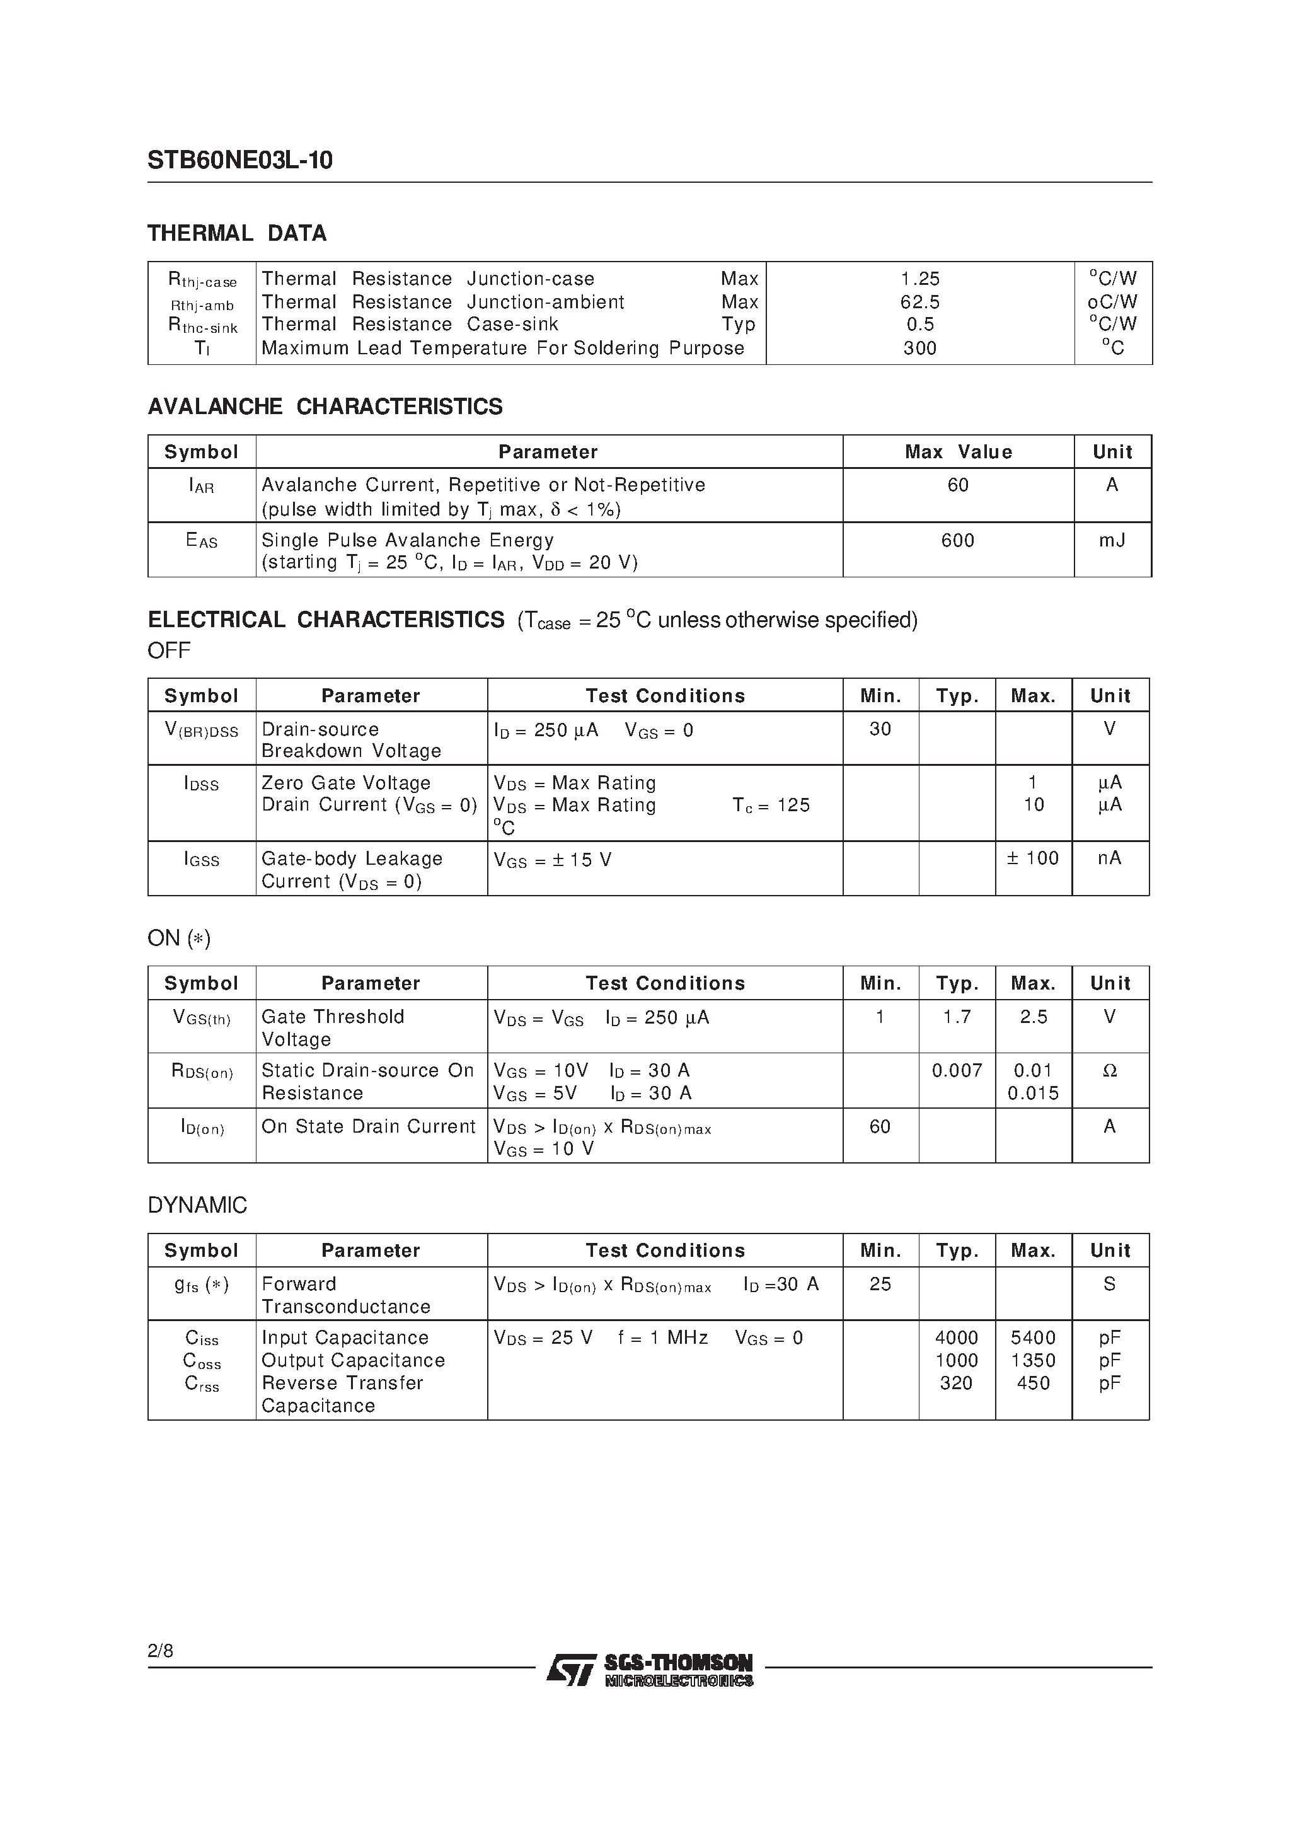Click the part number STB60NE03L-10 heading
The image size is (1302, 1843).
239,161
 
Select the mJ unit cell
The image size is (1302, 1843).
1112,540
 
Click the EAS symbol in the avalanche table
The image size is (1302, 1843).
202,541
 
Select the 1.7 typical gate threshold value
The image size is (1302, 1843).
956,1017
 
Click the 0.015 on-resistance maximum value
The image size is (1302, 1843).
1032,1094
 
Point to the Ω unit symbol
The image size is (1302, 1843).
1109,1071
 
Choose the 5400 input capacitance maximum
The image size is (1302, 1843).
1032,1337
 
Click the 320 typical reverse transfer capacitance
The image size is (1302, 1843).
956,1383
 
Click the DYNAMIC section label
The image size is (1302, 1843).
197,1205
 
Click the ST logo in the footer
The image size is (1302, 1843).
571,1669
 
